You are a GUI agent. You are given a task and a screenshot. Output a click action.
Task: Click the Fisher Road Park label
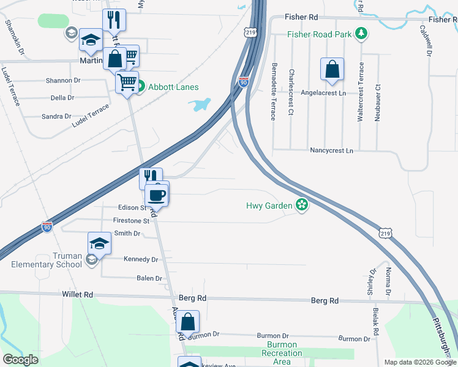pyautogui.click(x=320, y=34)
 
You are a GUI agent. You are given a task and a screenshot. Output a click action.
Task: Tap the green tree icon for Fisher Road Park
pyautogui.click(x=362, y=33)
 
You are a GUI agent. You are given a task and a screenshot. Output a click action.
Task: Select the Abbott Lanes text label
pyautogui.click(x=173, y=87)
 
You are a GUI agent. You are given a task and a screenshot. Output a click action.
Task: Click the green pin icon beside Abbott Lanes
pyautogui.click(x=140, y=87)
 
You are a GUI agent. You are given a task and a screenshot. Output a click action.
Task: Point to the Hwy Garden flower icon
pyautogui.click(x=301, y=206)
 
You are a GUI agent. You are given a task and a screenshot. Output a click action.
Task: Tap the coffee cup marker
pyautogui.click(x=157, y=196)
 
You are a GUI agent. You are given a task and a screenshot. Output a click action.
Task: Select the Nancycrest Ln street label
pyautogui.click(x=332, y=150)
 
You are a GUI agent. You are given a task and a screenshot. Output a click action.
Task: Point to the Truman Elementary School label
pyautogui.click(x=46, y=261)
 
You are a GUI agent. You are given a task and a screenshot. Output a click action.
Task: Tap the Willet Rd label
pyautogui.click(x=77, y=294)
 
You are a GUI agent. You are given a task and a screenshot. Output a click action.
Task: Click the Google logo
pyautogui.click(x=20, y=360)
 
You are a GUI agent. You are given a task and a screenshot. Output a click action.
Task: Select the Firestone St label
pyautogui.click(x=131, y=221)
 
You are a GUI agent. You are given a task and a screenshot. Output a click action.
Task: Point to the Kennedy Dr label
pyautogui.click(x=141, y=259)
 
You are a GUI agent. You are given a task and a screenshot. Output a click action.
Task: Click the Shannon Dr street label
pyautogui.click(x=63, y=80)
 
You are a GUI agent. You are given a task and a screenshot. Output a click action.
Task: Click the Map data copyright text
pyautogui.click(x=419, y=362)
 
